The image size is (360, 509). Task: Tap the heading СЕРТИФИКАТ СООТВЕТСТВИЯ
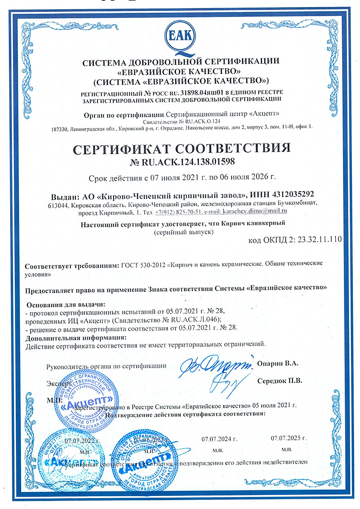point(182,148)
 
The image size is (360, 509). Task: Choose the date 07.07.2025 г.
point(288,437)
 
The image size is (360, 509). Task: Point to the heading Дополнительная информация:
point(76,338)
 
